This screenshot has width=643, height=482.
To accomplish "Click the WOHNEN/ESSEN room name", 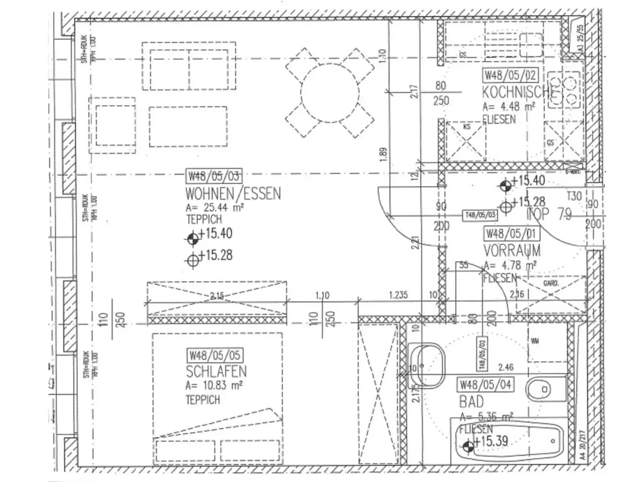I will (x=233, y=194).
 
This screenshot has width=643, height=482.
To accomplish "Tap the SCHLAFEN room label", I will (x=216, y=371).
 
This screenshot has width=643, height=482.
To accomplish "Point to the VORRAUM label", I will (x=512, y=251).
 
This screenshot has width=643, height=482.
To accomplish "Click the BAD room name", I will (x=471, y=402).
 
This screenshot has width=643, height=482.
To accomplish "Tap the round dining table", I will (x=329, y=93).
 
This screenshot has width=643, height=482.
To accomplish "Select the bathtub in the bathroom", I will (x=507, y=442).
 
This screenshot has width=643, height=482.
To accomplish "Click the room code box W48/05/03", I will (x=213, y=176).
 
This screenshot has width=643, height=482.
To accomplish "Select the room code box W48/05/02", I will (x=510, y=75).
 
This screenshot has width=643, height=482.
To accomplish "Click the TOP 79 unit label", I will (x=548, y=214).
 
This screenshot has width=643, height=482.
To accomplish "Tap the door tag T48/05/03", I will (x=480, y=215).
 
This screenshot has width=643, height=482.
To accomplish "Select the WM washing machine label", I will (x=535, y=341).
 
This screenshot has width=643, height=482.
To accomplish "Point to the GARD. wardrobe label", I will (x=550, y=284).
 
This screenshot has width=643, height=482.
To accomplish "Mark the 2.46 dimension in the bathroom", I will (x=506, y=367).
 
